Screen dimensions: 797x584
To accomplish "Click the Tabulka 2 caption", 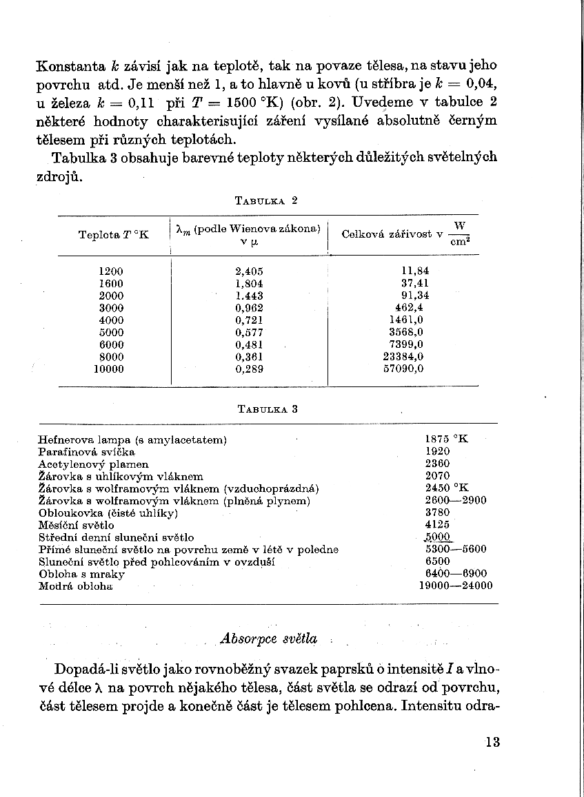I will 266,201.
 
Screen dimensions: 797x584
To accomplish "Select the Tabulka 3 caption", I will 267,408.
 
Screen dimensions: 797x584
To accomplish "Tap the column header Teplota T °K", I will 114,235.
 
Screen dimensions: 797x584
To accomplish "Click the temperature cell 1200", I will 112,271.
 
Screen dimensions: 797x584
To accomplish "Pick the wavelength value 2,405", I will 250,271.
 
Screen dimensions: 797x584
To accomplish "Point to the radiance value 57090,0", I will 403,369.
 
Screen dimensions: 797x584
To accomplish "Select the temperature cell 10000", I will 109,369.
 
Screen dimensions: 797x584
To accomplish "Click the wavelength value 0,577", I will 250,332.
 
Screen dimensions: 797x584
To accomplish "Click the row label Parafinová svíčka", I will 87,451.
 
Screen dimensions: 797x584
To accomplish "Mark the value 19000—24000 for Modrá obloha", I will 456,586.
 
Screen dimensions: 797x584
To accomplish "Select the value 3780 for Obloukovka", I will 438,513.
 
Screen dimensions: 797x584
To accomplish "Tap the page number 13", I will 492,742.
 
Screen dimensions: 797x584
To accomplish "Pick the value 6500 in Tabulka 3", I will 438,561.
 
